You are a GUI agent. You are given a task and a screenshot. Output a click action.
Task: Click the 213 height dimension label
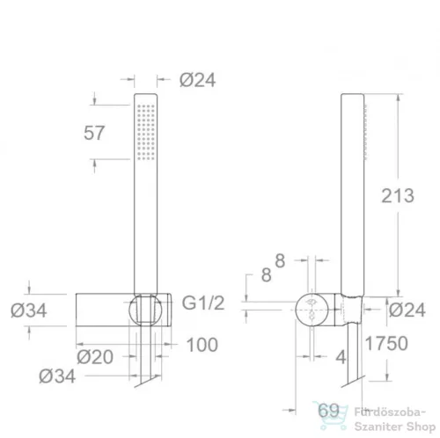pyautogui.click(x=398, y=195)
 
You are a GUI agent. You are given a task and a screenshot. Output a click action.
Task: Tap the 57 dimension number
pyautogui.click(x=94, y=133)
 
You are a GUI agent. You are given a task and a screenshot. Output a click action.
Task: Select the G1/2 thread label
pyautogui.click(x=203, y=303)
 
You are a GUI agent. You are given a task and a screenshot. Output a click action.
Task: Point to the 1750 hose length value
pyautogui.click(x=386, y=343)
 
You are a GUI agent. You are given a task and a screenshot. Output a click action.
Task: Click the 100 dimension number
pyautogui.click(x=202, y=345)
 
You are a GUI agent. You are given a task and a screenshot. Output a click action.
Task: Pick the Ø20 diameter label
pyautogui.click(x=95, y=357)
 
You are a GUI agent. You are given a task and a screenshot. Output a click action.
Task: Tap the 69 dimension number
pyautogui.click(x=328, y=410)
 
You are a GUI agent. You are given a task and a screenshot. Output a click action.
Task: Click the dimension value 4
pyautogui.click(x=341, y=357)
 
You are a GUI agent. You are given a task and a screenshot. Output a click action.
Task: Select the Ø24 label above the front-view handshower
pyautogui.click(x=198, y=80)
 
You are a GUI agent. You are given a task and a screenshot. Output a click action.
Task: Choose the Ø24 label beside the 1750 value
pyautogui.click(x=407, y=310)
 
